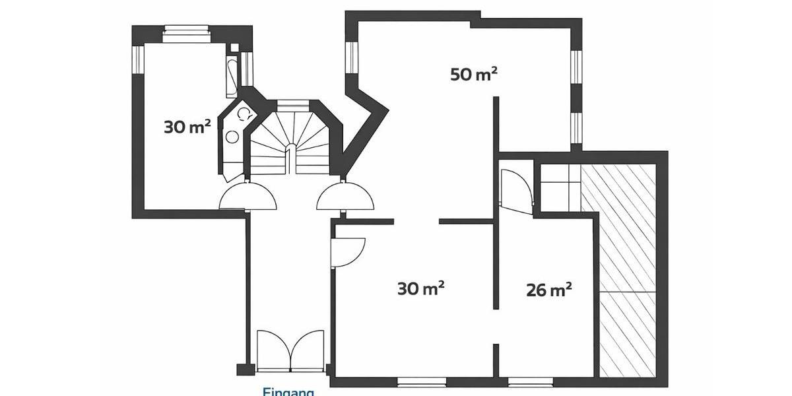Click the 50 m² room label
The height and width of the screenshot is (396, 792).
(473, 74)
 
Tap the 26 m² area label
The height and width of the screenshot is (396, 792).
(548, 290)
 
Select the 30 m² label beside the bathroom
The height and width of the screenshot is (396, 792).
(187, 126)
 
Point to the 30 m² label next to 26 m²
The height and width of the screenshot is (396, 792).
(420, 288)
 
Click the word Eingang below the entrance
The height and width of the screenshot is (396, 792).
(288, 391)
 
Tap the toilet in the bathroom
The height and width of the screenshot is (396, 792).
(244, 114)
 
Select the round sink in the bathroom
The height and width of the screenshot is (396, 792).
(232, 137)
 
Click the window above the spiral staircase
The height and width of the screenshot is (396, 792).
(292, 104)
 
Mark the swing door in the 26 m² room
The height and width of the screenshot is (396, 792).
(515, 192)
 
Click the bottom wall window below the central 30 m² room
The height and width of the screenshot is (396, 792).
(421, 381)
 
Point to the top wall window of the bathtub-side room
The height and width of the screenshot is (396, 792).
(185, 29)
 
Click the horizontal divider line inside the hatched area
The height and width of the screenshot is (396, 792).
(627, 291)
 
